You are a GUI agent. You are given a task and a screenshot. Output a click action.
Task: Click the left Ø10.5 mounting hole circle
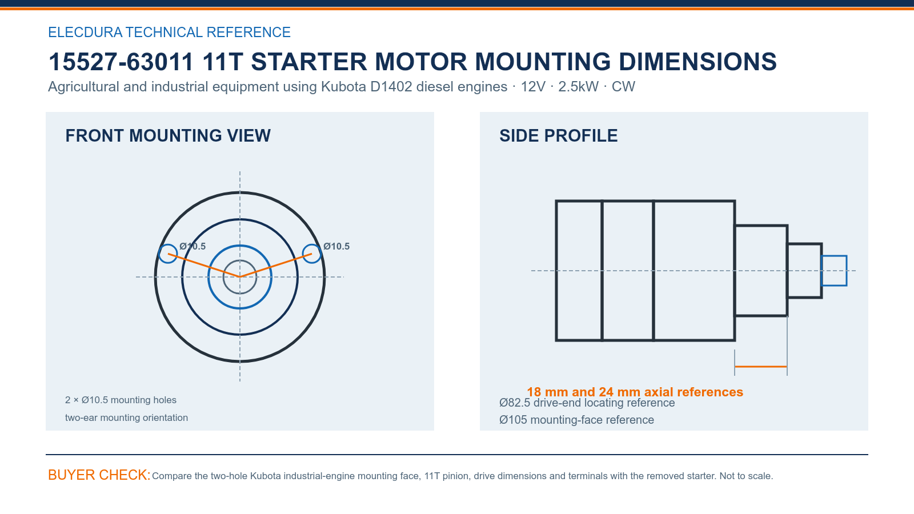(x=158, y=254)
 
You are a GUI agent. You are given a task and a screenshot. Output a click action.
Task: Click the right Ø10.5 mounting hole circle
(x=321, y=254)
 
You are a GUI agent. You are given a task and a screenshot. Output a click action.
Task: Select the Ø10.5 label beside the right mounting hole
(x=336, y=246)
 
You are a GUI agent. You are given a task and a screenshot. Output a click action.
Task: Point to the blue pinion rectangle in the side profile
(x=834, y=256)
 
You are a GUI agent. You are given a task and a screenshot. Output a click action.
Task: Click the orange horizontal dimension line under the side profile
(x=761, y=367)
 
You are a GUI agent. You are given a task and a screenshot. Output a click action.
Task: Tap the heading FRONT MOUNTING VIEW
(x=168, y=136)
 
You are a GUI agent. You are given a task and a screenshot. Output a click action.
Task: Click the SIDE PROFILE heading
(x=558, y=136)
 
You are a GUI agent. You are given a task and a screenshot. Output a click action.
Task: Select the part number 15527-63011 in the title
(x=121, y=62)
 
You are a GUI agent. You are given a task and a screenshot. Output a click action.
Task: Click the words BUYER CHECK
(x=99, y=475)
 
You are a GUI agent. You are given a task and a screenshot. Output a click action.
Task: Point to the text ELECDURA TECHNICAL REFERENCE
(x=169, y=32)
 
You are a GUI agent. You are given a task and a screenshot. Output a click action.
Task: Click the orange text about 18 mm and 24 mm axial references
(x=635, y=392)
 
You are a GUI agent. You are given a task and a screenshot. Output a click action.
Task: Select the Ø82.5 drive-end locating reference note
(x=587, y=403)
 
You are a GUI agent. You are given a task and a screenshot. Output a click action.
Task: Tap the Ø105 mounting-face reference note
(x=576, y=420)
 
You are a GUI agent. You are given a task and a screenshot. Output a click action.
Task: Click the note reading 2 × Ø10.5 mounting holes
(x=121, y=400)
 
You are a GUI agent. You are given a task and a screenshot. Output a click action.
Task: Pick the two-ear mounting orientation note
(x=126, y=417)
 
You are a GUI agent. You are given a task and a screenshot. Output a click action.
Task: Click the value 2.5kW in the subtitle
(x=578, y=86)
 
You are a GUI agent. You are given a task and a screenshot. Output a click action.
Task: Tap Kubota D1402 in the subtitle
(x=366, y=86)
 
